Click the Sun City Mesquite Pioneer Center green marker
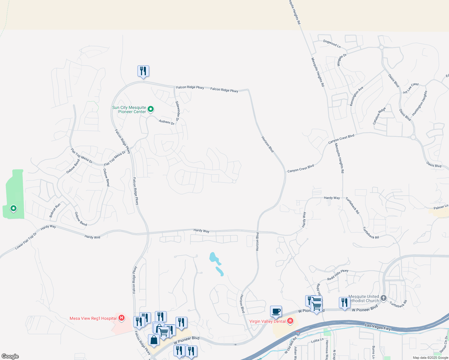click(151, 109)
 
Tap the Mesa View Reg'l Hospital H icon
click(122, 318)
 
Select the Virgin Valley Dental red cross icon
click(290, 321)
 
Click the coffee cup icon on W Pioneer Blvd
click(276, 311)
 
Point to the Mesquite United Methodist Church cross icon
click(383, 298)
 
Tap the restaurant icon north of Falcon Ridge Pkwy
click(143, 71)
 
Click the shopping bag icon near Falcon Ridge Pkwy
click(154, 340)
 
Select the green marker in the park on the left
click(13, 208)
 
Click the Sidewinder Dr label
click(177, 111)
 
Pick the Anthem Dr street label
click(167, 122)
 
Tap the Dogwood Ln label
click(332, 44)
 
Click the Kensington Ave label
click(357, 96)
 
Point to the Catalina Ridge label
click(379, 116)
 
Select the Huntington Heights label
click(420, 103)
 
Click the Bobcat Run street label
click(55, 210)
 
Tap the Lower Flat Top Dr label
click(26, 241)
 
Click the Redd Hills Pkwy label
click(338, 275)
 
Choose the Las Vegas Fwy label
click(378, 327)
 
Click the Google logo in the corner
click(10, 356)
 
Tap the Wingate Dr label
click(342, 60)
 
